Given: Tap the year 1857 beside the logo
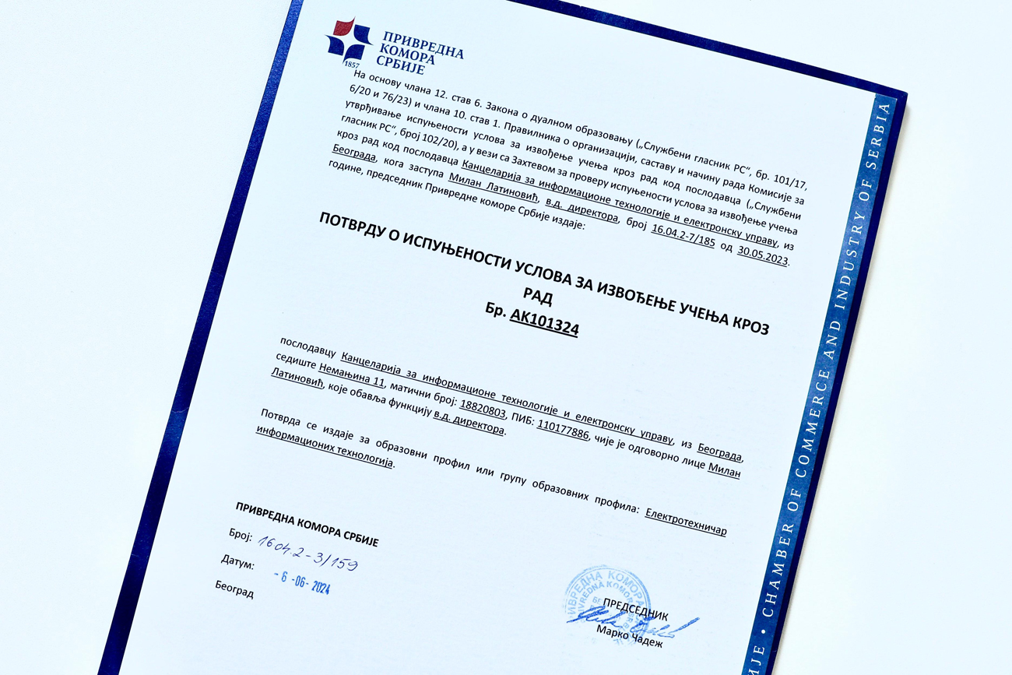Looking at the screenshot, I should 351,65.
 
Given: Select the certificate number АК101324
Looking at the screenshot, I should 544,322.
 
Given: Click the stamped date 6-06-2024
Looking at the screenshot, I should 302,581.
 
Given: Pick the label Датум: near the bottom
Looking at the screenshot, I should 237,561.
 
